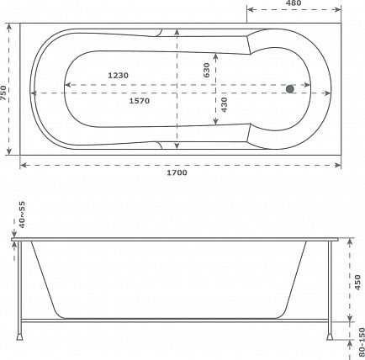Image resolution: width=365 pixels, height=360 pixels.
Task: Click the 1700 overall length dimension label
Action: pyautogui.click(x=177, y=172)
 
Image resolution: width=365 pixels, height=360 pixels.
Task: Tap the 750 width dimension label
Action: pyautogui.click(x=3, y=93)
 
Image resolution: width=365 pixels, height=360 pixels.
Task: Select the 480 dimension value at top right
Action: pyautogui.click(x=294, y=3)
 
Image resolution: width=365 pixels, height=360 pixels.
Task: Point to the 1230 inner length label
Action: pyautogui.click(x=119, y=75)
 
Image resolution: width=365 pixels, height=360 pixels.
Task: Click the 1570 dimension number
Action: pyautogui.click(x=140, y=101)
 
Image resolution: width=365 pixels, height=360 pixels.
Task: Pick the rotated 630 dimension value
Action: pyautogui.click(x=206, y=70)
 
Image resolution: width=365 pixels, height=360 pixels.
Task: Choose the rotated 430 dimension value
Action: pyautogui.click(x=224, y=104)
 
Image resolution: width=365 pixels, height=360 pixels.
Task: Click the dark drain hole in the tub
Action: pyautogui.click(x=290, y=89)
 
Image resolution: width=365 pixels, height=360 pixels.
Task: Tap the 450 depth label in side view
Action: pyautogui.click(x=357, y=283)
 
